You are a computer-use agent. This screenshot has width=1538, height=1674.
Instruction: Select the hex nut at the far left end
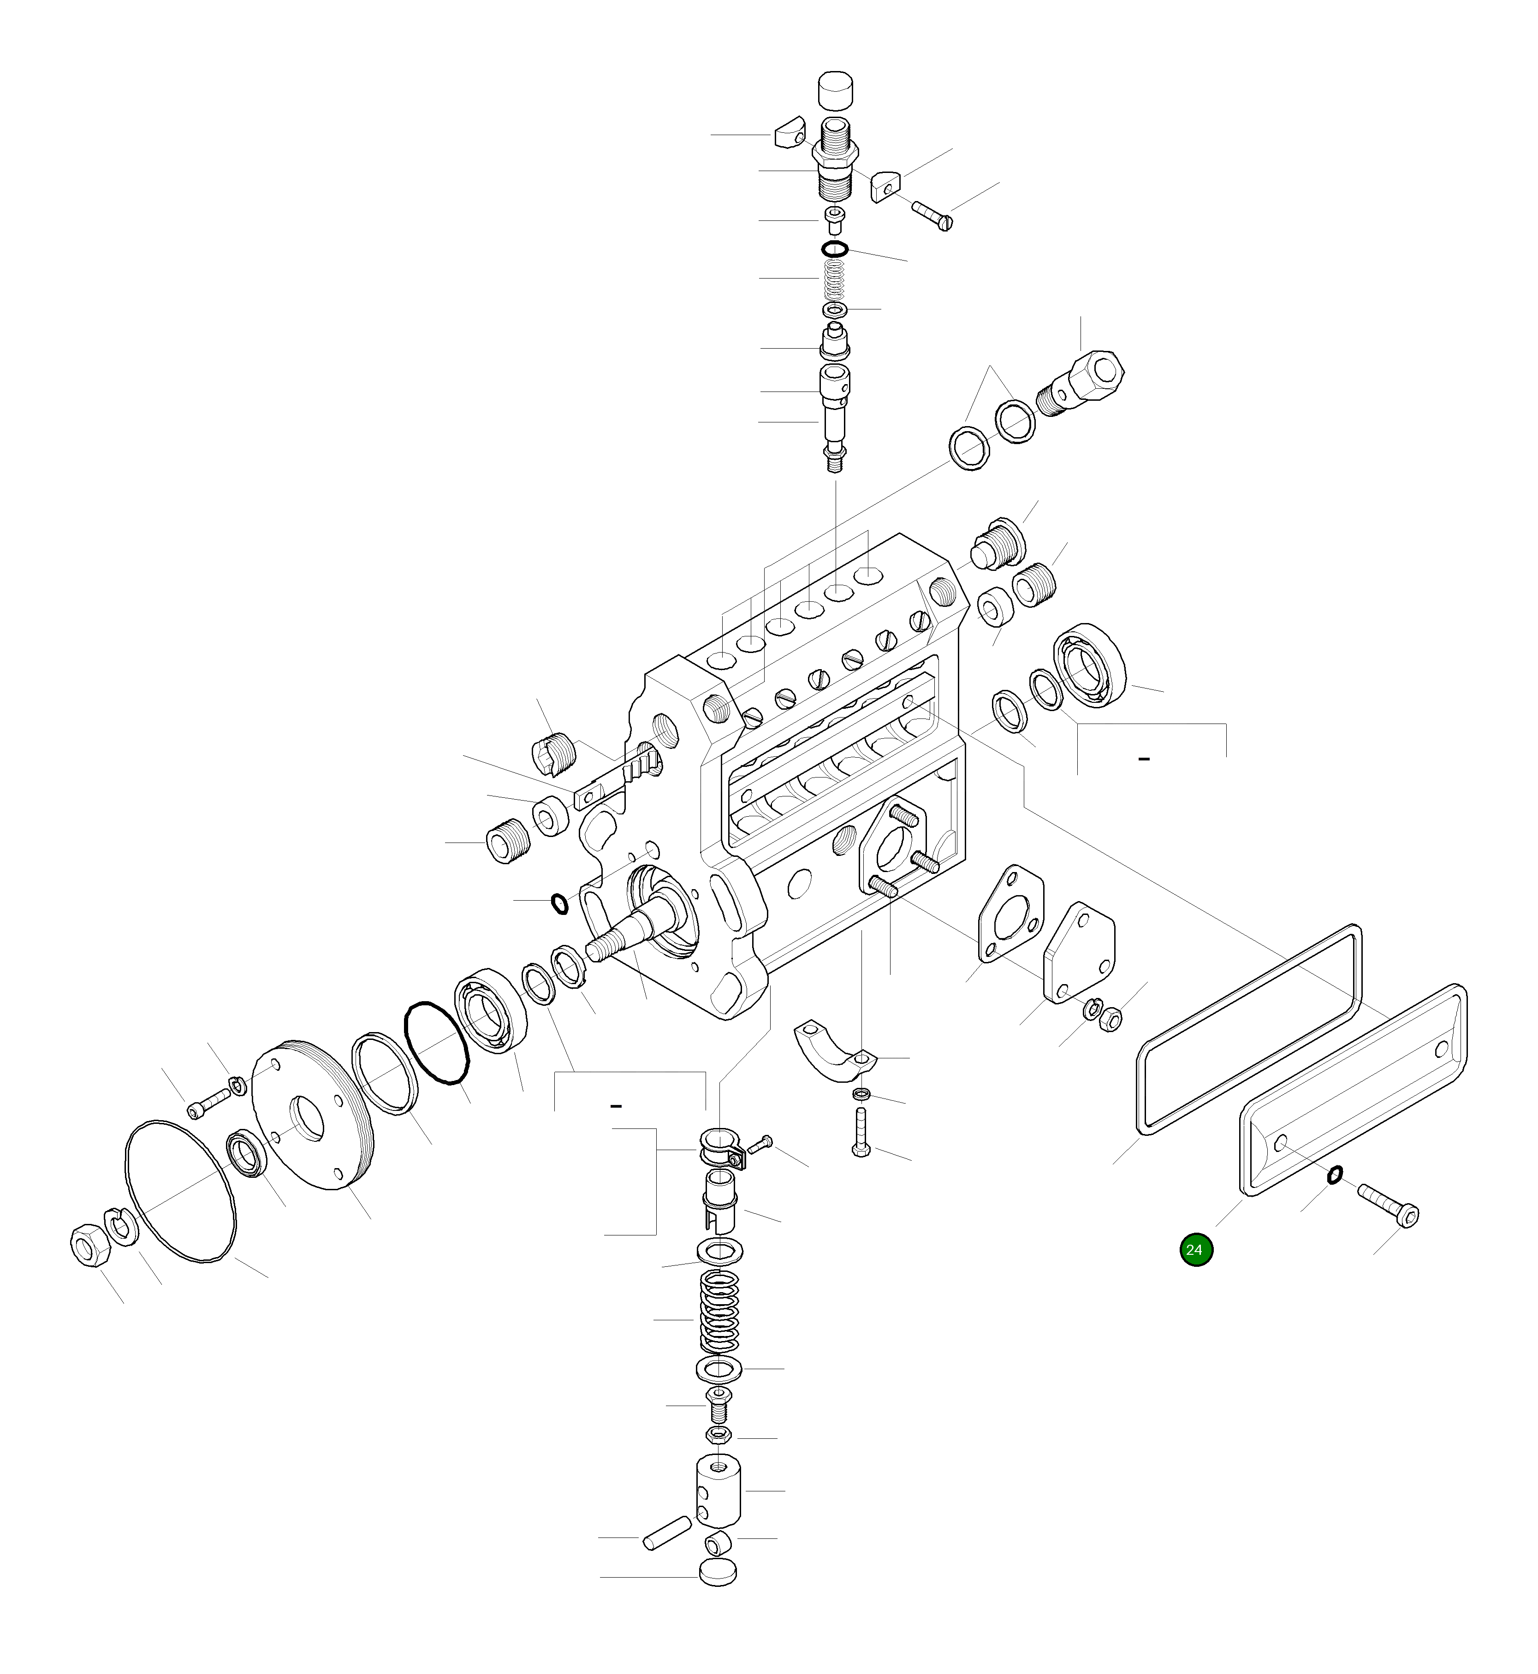(x=87, y=1246)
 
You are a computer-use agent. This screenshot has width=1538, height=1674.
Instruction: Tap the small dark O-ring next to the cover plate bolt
(x=1333, y=1174)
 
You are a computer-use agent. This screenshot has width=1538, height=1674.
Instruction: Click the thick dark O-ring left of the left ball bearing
(x=437, y=1043)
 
